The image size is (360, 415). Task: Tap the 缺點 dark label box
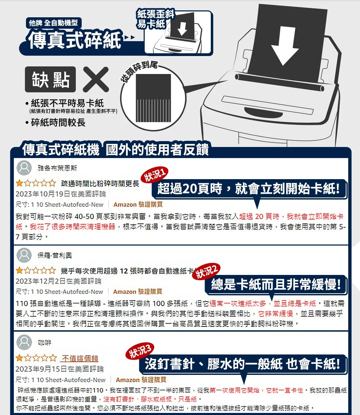[51, 79]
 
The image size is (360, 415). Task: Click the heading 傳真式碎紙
[75, 40]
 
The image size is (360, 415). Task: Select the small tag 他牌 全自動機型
[53, 23]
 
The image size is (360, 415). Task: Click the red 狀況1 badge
[156, 175]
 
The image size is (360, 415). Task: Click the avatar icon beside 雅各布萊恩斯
[24, 168]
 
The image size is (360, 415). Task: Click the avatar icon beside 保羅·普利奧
[24, 255]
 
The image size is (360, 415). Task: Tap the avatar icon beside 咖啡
[24, 342]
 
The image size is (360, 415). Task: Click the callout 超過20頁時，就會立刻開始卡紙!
[249, 189]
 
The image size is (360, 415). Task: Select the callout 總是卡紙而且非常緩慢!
[276, 285]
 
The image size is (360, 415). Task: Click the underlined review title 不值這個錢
[80, 358]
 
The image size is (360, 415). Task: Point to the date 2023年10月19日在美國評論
[61, 194]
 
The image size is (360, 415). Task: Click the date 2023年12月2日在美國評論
[58, 281]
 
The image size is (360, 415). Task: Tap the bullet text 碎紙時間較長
[58, 122]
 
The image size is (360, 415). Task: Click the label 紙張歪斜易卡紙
[155, 19]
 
